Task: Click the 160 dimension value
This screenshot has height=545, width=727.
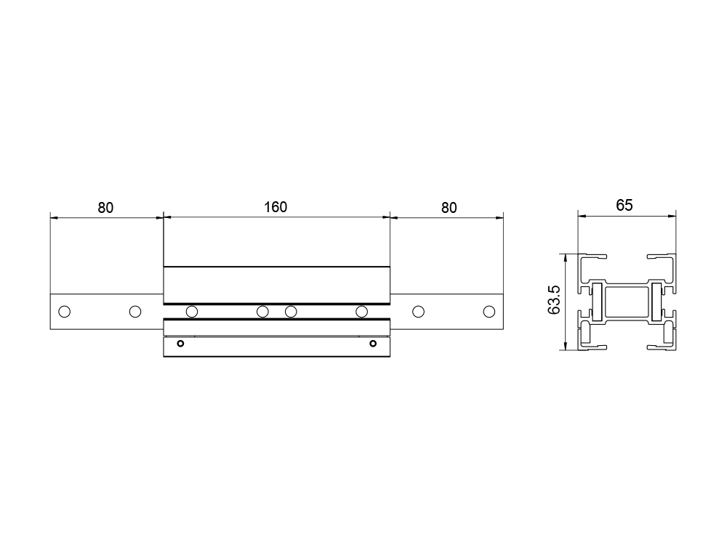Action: pos(276,206)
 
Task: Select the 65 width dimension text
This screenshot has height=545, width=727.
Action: pos(624,205)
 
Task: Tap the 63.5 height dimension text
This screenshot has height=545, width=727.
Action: pos(554,300)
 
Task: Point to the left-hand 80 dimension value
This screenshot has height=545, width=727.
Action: pos(105,208)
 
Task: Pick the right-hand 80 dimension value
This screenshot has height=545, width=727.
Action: pos(449,208)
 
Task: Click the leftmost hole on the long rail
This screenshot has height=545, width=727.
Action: pos(65,312)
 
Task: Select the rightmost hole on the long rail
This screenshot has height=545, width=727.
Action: pos(489,312)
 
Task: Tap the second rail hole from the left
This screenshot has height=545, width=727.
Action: pos(135,312)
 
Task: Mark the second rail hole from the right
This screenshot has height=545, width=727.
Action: pos(418,312)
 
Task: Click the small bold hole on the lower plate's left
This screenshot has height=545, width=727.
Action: pos(181,344)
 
